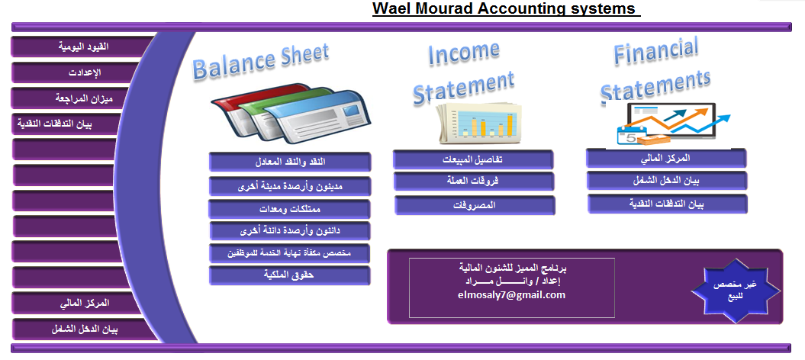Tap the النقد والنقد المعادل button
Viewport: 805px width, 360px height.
click(x=290, y=162)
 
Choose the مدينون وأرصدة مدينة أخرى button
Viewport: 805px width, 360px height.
click(x=290, y=186)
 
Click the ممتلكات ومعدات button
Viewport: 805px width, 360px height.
click(x=289, y=209)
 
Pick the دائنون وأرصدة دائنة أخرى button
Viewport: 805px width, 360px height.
click(x=290, y=231)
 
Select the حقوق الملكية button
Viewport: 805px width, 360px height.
click(x=289, y=275)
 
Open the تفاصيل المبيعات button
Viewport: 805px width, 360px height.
click(x=473, y=159)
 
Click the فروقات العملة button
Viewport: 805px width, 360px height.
click(x=474, y=182)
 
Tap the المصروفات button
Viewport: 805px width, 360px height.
click(x=475, y=205)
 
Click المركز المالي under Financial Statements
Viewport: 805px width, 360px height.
click(x=666, y=158)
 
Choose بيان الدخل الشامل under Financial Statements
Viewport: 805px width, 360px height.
click(x=667, y=181)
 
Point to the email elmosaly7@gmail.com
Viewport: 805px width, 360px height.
click(x=511, y=295)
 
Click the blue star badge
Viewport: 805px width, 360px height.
click(x=735, y=291)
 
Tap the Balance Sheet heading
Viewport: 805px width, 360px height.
click(x=261, y=62)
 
